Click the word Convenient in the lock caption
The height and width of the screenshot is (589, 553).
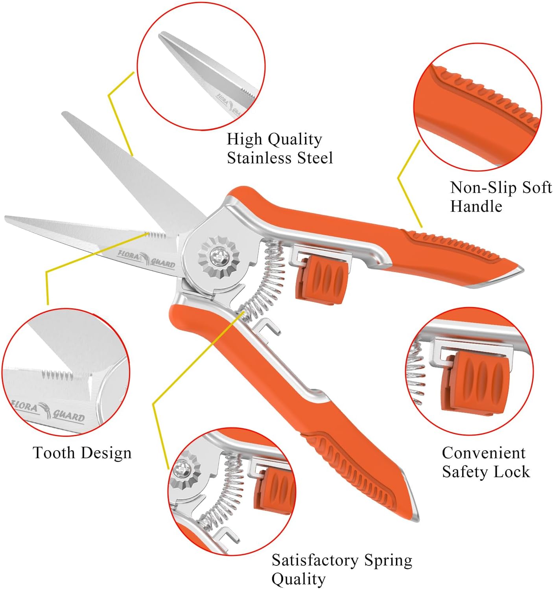point(483,453)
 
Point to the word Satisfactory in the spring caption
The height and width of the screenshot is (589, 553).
point(315,560)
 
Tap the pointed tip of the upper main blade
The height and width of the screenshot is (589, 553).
point(65,114)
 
